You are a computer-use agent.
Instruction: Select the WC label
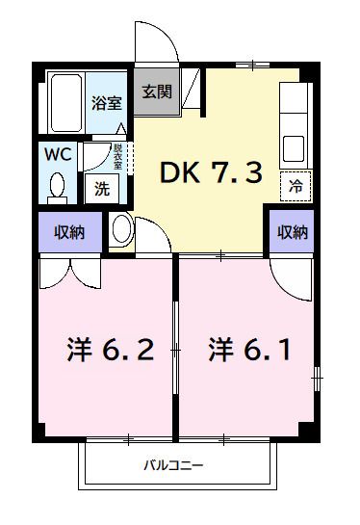pos(54,153)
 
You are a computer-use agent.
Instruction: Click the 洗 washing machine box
pos(101,188)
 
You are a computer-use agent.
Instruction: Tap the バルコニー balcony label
pos(173,466)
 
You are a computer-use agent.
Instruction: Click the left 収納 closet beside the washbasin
pos(66,232)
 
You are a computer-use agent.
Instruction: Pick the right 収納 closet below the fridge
pos(293,232)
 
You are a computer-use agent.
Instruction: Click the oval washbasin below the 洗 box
pos(121,229)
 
